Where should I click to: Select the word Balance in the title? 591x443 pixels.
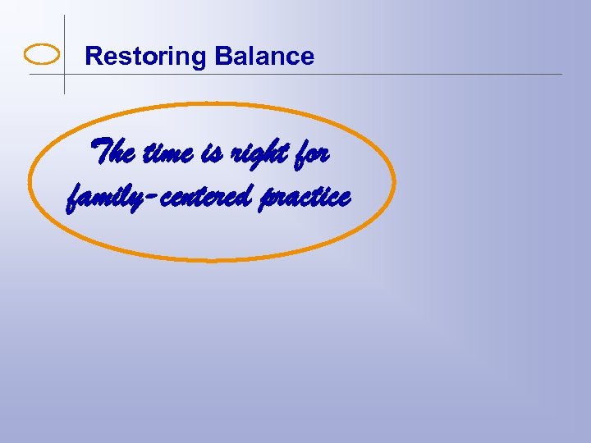click(263, 57)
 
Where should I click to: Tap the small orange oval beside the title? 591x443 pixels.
click(42, 55)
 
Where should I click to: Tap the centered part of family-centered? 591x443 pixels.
click(208, 198)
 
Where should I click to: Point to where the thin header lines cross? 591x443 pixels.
click(64, 75)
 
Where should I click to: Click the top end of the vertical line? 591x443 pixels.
click(64, 16)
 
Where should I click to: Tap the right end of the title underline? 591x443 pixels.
click(561, 75)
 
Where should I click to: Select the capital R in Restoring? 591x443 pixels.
click(93, 57)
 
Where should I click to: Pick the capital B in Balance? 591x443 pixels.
click(222, 57)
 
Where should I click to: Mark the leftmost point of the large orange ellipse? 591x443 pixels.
click(30, 182)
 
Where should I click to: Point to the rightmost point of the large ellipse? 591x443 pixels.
click(395, 182)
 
